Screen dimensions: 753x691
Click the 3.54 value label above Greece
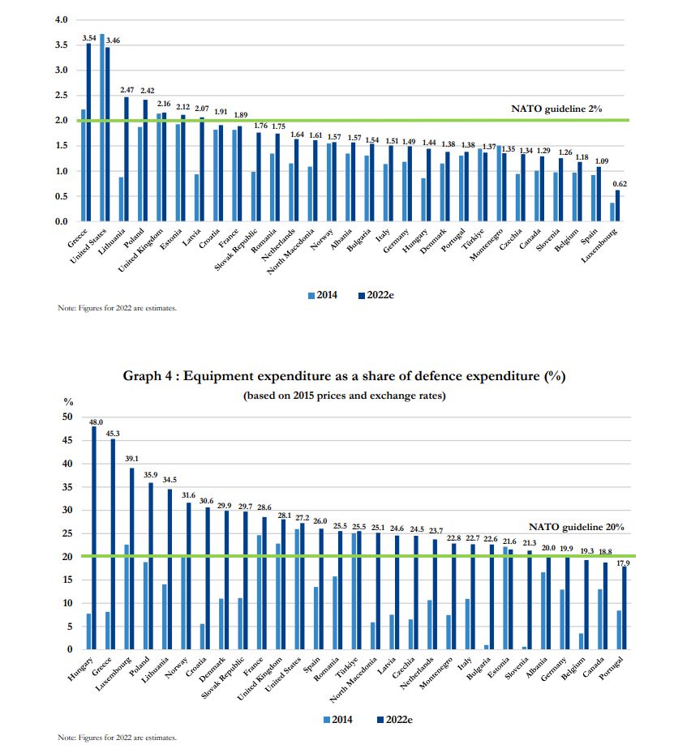pos(88,37)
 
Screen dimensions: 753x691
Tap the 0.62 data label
pos(619,184)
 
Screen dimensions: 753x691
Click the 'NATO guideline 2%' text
pos(556,109)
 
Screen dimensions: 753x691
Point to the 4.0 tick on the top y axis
pos(60,19)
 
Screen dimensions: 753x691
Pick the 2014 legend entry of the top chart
pos(323,296)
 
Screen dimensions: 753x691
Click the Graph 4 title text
pos(344,376)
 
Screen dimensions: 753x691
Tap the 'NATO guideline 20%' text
pos(576,527)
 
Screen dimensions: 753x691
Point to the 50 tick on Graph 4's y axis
pos(68,417)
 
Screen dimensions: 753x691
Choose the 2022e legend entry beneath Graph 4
pos(396,719)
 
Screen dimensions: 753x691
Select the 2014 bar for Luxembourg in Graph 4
pos(126,597)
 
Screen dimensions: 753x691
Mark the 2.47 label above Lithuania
pos(127,90)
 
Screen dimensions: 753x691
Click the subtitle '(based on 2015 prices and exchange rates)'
pos(344,396)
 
